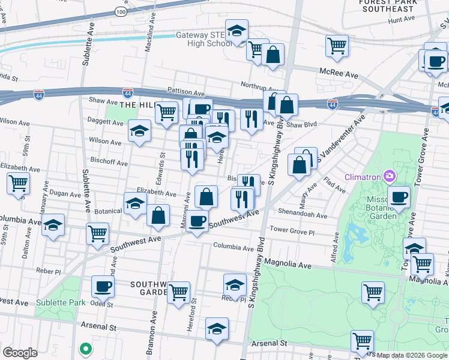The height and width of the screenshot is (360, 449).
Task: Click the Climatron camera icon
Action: pos(390,176)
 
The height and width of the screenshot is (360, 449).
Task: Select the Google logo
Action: pos(20,352)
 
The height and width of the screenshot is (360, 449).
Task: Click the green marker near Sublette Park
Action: pos(86,347)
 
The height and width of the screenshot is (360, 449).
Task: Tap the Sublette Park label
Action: pos(60,302)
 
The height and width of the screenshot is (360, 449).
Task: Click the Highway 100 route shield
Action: pos(121,11)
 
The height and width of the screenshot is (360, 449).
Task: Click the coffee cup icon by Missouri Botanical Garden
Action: pos(399,196)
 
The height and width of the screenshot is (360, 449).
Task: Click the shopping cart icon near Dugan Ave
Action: pos(18,183)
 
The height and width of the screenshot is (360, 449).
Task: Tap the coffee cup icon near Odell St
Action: pos(103,286)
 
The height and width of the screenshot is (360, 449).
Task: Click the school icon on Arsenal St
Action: pos(217,328)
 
